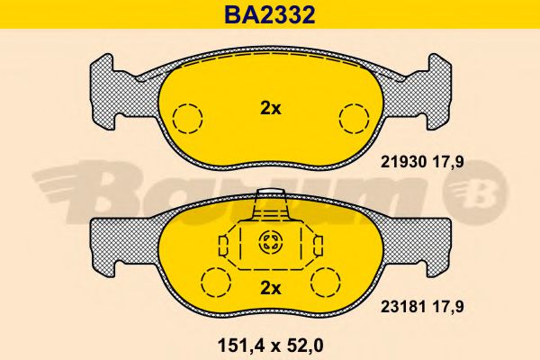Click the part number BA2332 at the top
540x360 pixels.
269,14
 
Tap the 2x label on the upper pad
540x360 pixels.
270,109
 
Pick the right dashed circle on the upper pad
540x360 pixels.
353,118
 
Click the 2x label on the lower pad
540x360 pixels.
270,288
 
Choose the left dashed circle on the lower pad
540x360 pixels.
214,282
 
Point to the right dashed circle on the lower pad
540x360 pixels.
327,282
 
